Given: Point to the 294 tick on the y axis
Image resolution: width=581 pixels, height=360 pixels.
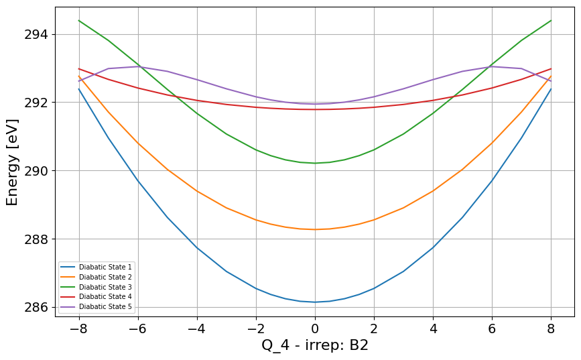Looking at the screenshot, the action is click(x=36, y=34).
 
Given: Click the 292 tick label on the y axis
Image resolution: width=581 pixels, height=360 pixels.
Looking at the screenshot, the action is click(x=36, y=103).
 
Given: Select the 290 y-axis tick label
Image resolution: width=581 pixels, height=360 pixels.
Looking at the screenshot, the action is click(x=36, y=171).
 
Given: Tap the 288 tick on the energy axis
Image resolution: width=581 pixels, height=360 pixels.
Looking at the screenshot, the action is click(x=36, y=239).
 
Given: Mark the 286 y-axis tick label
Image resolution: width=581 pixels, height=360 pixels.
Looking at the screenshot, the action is click(x=36, y=307).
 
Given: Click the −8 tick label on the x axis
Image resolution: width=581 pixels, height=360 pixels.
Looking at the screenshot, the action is click(x=79, y=328).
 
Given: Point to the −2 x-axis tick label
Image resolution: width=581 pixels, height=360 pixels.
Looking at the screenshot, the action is click(x=256, y=328).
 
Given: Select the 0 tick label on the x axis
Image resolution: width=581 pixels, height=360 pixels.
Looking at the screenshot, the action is click(x=315, y=328).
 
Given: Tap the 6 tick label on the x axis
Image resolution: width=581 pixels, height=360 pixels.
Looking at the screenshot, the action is click(x=492, y=328).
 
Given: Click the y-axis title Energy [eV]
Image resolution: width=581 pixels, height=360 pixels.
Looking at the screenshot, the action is click(x=12, y=162).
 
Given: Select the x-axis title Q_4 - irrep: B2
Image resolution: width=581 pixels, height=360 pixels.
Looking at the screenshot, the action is click(x=315, y=345).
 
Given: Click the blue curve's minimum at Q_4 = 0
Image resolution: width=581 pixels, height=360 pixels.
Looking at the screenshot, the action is click(x=315, y=302).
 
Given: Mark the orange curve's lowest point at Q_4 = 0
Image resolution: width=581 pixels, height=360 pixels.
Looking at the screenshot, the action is click(x=315, y=229).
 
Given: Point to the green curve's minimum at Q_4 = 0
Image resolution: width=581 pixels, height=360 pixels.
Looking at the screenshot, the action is click(x=315, y=163).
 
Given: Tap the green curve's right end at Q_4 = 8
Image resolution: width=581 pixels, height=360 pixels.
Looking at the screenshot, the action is click(x=551, y=20).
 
